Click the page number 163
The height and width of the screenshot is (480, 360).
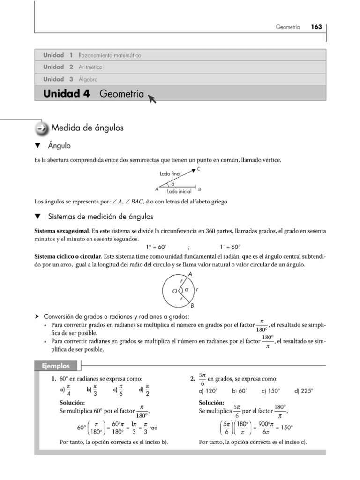316,27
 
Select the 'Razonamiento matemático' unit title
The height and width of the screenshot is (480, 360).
110,55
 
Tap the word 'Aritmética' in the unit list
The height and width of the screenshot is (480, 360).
90,67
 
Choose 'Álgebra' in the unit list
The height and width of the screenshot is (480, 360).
88,79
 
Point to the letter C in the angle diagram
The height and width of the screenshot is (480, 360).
199,169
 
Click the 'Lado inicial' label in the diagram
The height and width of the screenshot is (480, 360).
178,192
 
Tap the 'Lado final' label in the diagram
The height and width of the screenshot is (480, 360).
169,173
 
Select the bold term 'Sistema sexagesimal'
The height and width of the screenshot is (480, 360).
62,232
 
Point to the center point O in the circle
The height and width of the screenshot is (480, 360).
174,291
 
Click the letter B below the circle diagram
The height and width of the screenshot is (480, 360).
192,306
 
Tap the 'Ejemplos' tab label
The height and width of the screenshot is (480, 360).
56,366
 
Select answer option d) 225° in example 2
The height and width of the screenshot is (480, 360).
304,390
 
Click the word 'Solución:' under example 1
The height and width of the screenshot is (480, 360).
72,403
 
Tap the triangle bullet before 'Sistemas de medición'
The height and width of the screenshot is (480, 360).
38,217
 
